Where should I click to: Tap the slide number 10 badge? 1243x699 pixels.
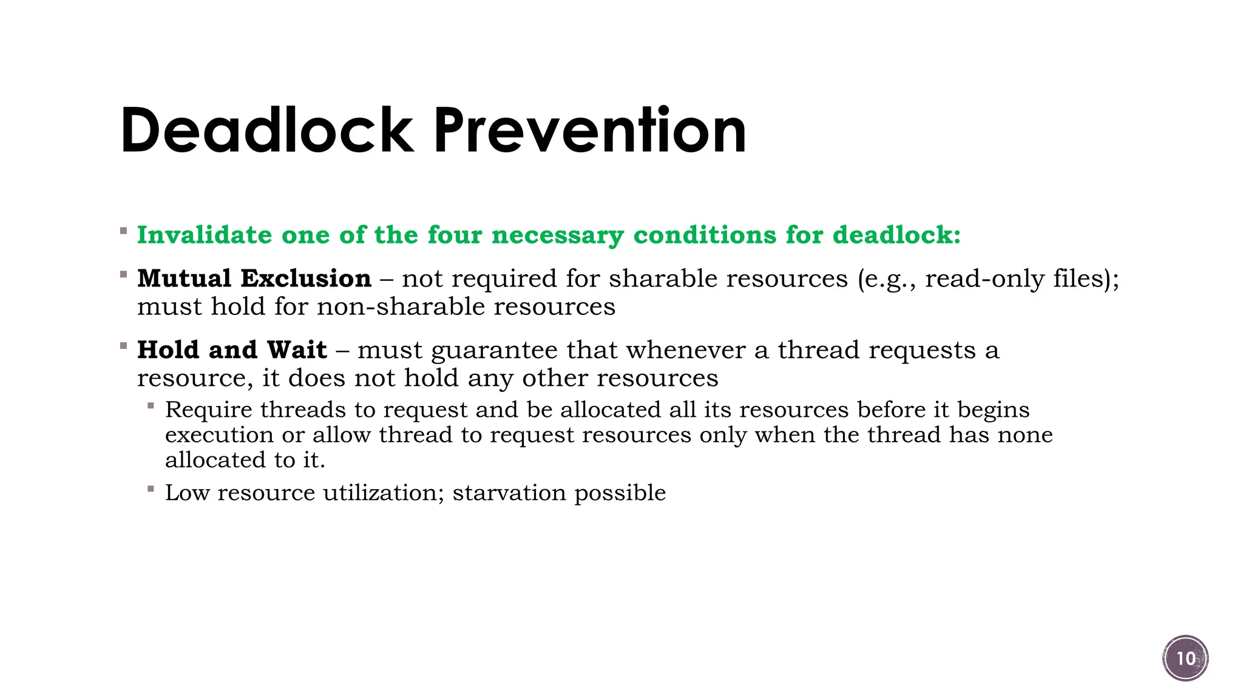point(1185,658)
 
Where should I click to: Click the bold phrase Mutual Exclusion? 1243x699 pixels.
point(254,279)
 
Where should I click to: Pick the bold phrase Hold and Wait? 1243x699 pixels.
point(232,350)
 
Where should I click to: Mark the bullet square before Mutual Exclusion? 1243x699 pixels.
point(124,274)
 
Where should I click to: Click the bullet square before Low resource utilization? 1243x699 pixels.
point(151,488)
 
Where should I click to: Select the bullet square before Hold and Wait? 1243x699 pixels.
point(124,346)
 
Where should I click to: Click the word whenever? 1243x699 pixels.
point(685,350)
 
